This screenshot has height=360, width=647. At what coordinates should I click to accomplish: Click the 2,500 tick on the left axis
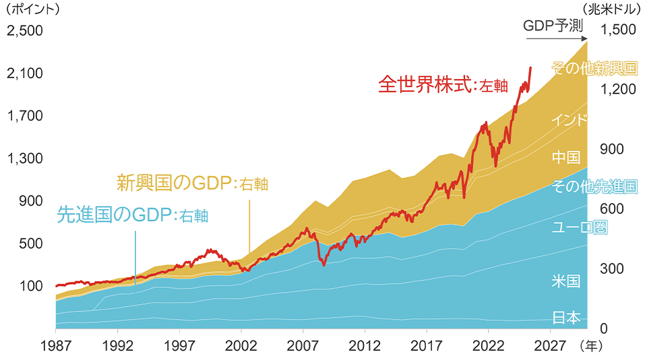click(24, 31)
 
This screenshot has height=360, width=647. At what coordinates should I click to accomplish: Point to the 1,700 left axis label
click(24, 116)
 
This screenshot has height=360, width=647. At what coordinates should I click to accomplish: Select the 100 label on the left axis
click(31, 286)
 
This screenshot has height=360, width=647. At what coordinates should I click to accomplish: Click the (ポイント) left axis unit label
click(32, 10)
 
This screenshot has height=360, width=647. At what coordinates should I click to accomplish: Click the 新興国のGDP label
click(192, 183)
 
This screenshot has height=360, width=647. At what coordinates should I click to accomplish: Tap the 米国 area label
click(566, 281)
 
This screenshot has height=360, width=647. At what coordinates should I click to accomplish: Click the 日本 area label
click(566, 318)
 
